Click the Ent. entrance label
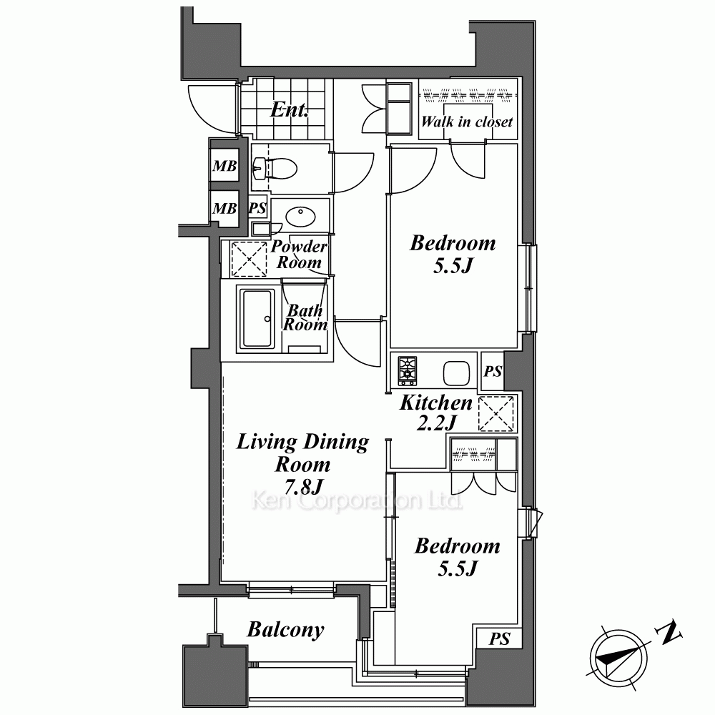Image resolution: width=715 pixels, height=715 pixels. click(x=289, y=109)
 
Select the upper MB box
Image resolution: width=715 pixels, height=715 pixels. click(x=225, y=165)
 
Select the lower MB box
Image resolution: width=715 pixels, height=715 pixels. click(x=225, y=208)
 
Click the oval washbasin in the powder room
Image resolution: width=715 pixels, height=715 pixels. click(x=300, y=216)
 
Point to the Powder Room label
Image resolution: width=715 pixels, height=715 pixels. click(x=299, y=255)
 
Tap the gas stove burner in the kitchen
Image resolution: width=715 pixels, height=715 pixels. click(x=408, y=370)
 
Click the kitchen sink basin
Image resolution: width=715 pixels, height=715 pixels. click(x=456, y=373)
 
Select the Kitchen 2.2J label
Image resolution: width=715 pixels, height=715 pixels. click(x=436, y=413)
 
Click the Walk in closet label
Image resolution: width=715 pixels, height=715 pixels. click(x=467, y=122)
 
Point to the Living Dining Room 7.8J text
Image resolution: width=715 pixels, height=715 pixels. click(x=302, y=464)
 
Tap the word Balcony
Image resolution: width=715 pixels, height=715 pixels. click(x=286, y=630)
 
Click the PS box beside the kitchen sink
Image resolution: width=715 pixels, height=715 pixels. click(x=493, y=371)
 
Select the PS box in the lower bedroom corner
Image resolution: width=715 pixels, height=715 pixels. click(x=499, y=638)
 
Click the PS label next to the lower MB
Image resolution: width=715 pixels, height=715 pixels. click(x=257, y=208)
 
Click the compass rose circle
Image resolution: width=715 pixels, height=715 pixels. click(x=618, y=659)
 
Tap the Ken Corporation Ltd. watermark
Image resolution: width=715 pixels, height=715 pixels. click(x=357, y=501)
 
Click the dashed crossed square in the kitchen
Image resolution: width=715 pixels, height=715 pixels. click(x=496, y=414)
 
